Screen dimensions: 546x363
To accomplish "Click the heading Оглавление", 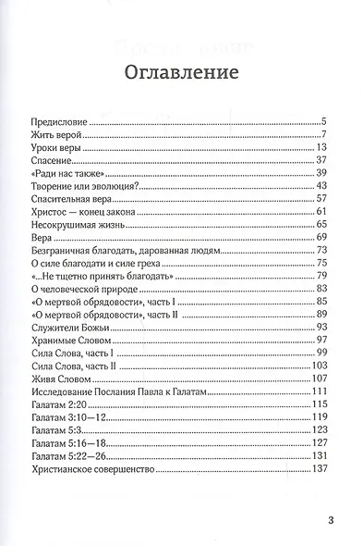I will tap(181, 72).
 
